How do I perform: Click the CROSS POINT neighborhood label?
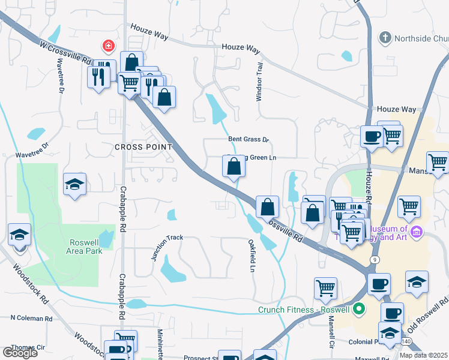coord(143,147)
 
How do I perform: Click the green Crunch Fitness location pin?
coord(360,310)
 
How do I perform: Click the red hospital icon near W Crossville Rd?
coord(108,46)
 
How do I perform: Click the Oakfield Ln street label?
coord(252,255)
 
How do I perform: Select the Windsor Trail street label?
coord(260,82)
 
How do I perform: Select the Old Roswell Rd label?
coord(429,314)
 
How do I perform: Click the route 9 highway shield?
coord(375,259)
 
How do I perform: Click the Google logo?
coord(20,352)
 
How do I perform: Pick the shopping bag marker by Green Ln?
coord(234,167)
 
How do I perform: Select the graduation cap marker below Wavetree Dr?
coord(75,184)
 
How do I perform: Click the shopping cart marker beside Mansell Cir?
coord(325,287)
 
